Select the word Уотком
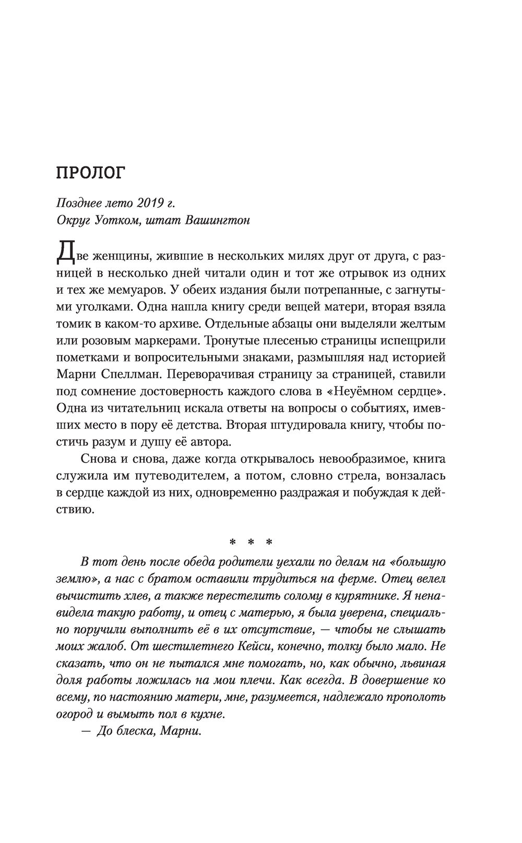tap(111, 220)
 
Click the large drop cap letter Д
tap(65, 255)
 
